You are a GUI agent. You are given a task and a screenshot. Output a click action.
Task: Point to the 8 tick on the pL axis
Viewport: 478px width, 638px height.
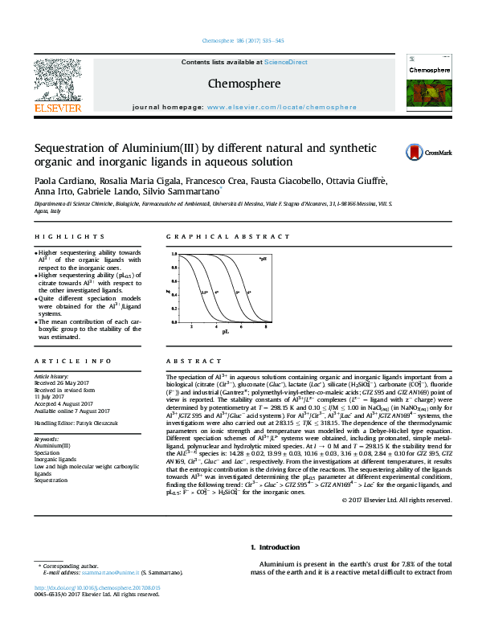point(265,327)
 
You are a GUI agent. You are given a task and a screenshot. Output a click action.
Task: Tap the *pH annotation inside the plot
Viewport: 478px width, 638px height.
point(262,259)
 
